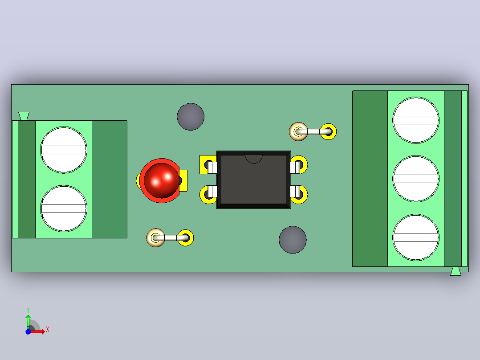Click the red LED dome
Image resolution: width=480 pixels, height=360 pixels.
pyautogui.click(x=161, y=180)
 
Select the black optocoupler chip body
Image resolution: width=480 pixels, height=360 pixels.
pyautogui.click(x=254, y=180)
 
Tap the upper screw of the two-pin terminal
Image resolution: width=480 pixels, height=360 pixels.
pyautogui.click(x=64, y=150)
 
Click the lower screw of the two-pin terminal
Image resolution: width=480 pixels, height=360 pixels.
pyautogui.click(x=64, y=209)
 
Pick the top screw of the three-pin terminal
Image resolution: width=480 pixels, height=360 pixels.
pyautogui.click(x=416, y=120)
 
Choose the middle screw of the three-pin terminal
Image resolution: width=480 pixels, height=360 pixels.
pyautogui.click(x=416, y=179)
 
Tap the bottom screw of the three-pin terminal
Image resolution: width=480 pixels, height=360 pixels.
pyautogui.click(x=416, y=237)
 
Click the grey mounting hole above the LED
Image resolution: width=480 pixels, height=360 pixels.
pyautogui.click(x=191, y=117)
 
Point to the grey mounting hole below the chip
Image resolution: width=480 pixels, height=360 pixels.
pyautogui.click(x=293, y=240)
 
